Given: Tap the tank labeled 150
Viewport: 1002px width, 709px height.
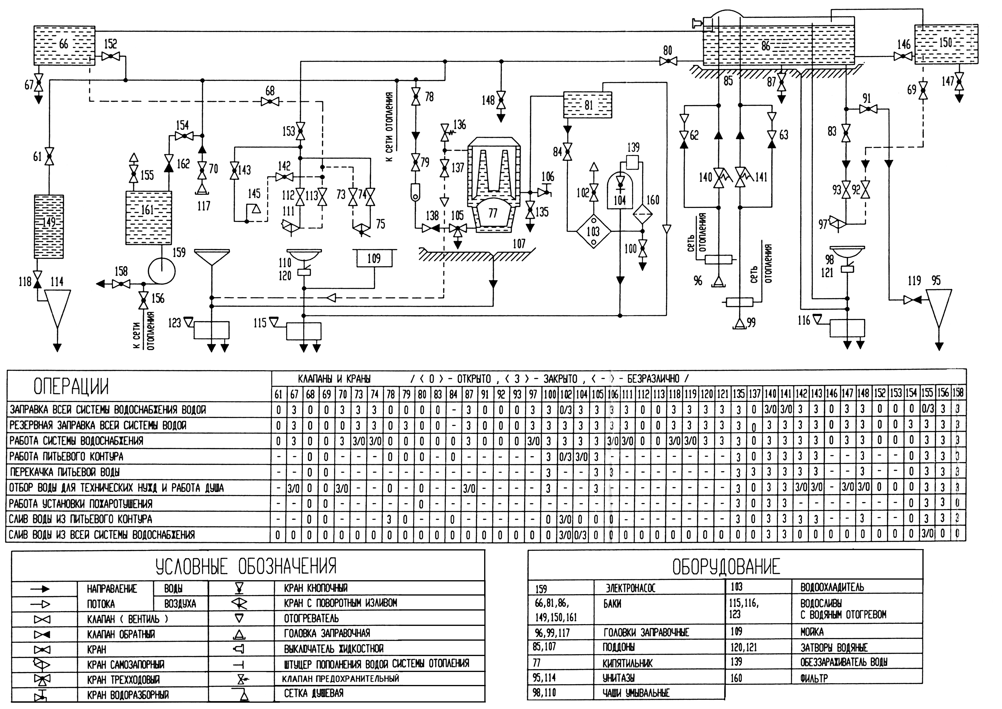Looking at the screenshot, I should click(x=946, y=44).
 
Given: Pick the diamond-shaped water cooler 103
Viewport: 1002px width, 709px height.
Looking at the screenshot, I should click(x=593, y=231).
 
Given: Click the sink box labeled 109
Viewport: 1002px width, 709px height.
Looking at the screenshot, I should click(x=374, y=259).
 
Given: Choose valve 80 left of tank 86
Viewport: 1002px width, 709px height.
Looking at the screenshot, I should click(x=668, y=62).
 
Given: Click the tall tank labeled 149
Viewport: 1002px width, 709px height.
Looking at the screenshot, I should click(x=49, y=226).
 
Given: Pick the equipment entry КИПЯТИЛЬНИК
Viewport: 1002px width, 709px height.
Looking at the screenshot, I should click(x=628, y=663).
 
